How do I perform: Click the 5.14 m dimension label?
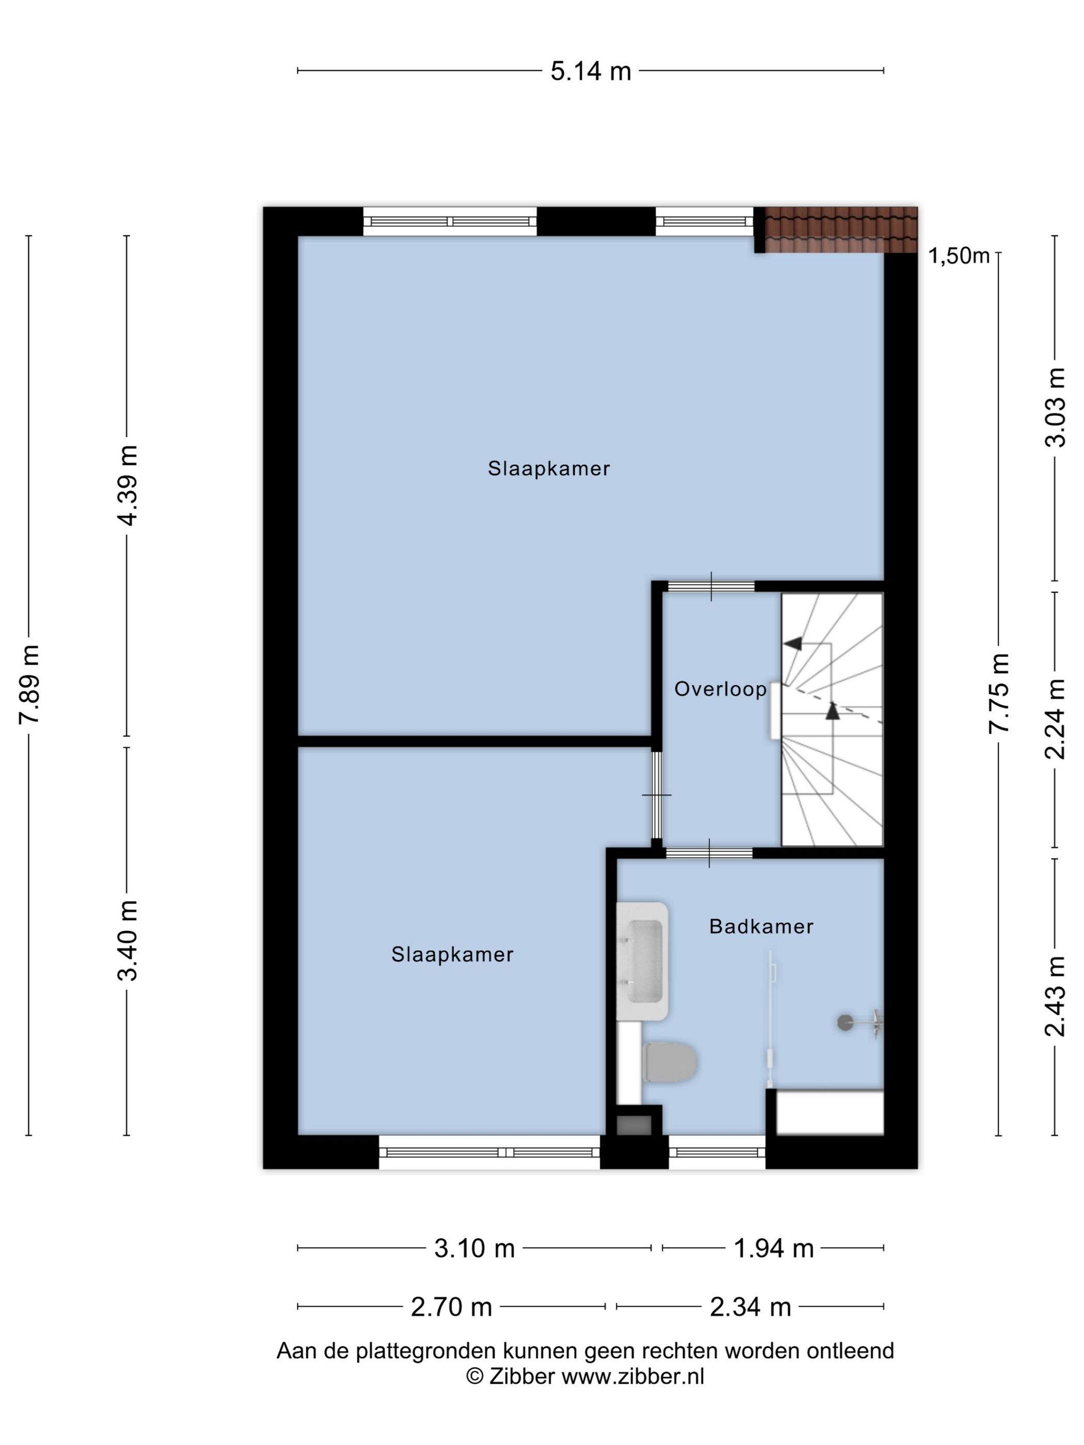coord(591,71)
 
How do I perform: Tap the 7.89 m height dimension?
coord(30,684)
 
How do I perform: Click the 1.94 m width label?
coord(774,1248)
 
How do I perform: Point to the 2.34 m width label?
coord(751,1307)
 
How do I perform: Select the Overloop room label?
coord(721,689)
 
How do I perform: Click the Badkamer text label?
coord(761,926)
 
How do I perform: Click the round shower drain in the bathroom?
coord(846,1022)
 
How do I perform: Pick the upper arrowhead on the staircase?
coord(793,644)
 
